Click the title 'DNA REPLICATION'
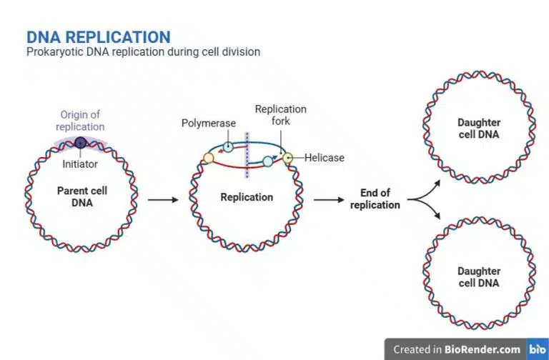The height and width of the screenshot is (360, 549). pyautogui.click(x=98, y=37)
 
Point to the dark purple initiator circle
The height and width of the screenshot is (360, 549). pyautogui.click(x=81, y=142)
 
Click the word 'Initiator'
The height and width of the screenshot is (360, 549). pyautogui.click(x=80, y=164)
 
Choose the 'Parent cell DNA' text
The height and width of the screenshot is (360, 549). pyautogui.click(x=81, y=196)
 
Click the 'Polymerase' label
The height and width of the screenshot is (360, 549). pyautogui.click(x=208, y=123)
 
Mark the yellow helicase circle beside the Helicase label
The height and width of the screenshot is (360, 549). pyautogui.click(x=287, y=158)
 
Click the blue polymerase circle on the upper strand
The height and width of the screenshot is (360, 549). pyautogui.click(x=227, y=147)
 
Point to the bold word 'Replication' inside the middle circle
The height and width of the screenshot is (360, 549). pyautogui.click(x=247, y=197)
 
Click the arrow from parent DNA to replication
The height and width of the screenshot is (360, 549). pyautogui.click(x=162, y=200)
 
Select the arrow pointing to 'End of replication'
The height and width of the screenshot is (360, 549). pyautogui.click(x=329, y=200)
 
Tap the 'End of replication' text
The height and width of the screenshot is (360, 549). pyautogui.click(x=375, y=199)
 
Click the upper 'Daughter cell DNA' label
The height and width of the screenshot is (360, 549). pyautogui.click(x=479, y=128)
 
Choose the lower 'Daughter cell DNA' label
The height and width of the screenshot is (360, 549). pyautogui.click(x=479, y=277)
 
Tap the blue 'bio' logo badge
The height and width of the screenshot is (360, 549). pyautogui.click(x=537, y=349)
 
